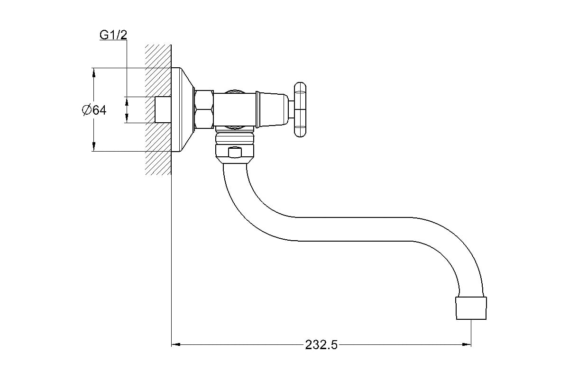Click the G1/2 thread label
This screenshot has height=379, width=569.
click(113, 35)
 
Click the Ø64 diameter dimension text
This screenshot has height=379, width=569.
click(94, 110)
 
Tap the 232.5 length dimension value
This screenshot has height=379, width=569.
click(321, 345)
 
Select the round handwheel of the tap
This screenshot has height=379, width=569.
click(300, 109)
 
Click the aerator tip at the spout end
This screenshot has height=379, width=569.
click(471, 308)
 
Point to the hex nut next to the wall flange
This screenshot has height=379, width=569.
click(204, 109)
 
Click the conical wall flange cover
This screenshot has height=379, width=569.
click(183, 109)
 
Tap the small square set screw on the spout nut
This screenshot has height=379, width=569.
click(235, 153)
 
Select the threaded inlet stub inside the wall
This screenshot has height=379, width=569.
click(163, 109)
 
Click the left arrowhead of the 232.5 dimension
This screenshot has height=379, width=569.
click(175, 344)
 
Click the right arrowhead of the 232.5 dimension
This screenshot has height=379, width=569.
click(467, 344)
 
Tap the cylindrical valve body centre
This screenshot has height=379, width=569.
click(234, 109)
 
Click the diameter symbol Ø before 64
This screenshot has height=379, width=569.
click(87, 110)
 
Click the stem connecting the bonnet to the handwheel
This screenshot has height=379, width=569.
click(291, 109)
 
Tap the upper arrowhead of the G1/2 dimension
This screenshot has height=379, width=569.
click(127, 101)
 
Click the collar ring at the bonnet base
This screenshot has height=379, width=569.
click(257, 109)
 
